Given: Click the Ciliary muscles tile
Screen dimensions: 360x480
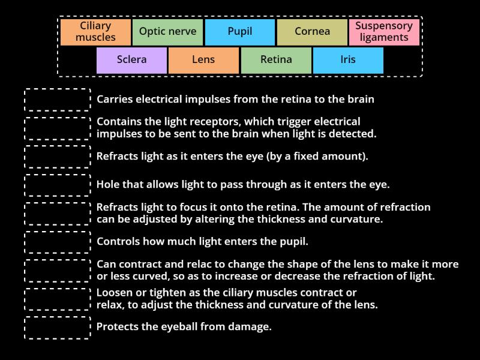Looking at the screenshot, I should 95,32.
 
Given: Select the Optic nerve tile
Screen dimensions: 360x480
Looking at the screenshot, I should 167,32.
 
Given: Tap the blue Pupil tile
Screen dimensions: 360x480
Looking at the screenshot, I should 240,32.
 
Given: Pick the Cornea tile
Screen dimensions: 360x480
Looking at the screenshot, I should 312,32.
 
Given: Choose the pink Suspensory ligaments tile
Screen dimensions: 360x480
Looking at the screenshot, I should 384,32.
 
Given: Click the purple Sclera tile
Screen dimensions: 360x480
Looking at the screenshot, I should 131,60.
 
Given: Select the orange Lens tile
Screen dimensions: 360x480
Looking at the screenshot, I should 203,60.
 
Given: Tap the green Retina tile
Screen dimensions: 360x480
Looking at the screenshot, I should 276,60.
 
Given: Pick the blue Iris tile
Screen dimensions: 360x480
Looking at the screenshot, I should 348,60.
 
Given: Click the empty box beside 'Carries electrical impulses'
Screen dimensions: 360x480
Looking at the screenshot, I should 58,100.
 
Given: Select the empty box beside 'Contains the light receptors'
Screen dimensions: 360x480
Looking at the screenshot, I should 58,128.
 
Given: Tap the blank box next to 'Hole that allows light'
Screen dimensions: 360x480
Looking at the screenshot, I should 58,185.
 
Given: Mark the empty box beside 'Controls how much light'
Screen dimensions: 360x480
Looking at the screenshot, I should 58,242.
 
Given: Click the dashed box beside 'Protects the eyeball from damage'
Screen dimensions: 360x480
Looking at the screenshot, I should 58,328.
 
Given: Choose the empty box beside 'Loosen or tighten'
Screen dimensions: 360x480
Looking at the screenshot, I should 58,299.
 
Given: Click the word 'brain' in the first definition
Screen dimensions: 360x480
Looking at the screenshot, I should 360,100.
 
